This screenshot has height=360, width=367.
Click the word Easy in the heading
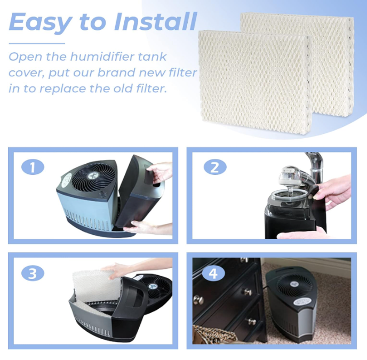point(41,22)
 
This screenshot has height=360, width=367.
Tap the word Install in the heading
point(155,21)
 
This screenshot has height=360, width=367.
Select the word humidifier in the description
point(102,57)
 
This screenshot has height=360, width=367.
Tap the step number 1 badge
point(33,167)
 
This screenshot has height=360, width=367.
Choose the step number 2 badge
point(215,167)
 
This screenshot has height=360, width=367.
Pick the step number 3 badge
point(33,273)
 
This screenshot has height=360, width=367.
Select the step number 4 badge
point(213,273)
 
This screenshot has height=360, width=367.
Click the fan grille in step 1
point(93,178)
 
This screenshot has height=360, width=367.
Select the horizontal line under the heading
point(37,44)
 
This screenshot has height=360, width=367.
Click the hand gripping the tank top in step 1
point(159,172)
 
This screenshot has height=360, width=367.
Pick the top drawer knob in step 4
point(244,260)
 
